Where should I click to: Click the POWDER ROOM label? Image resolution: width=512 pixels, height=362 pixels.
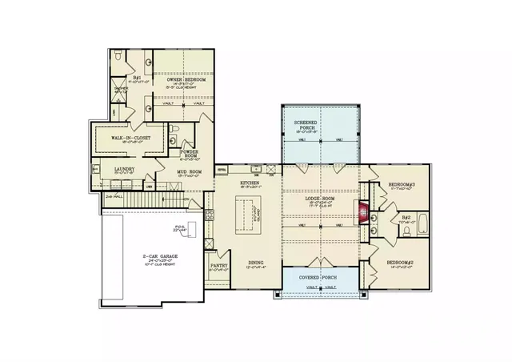click(x=190, y=152)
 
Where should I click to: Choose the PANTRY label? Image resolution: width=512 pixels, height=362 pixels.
click(x=219, y=266)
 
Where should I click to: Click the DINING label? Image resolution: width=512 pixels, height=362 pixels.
click(x=256, y=262)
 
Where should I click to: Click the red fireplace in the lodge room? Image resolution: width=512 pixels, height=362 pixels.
click(x=365, y=214)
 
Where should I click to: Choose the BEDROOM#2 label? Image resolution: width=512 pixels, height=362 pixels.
click(x=400, y=263)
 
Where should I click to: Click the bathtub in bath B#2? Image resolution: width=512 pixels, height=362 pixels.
click(x=422, y=226)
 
